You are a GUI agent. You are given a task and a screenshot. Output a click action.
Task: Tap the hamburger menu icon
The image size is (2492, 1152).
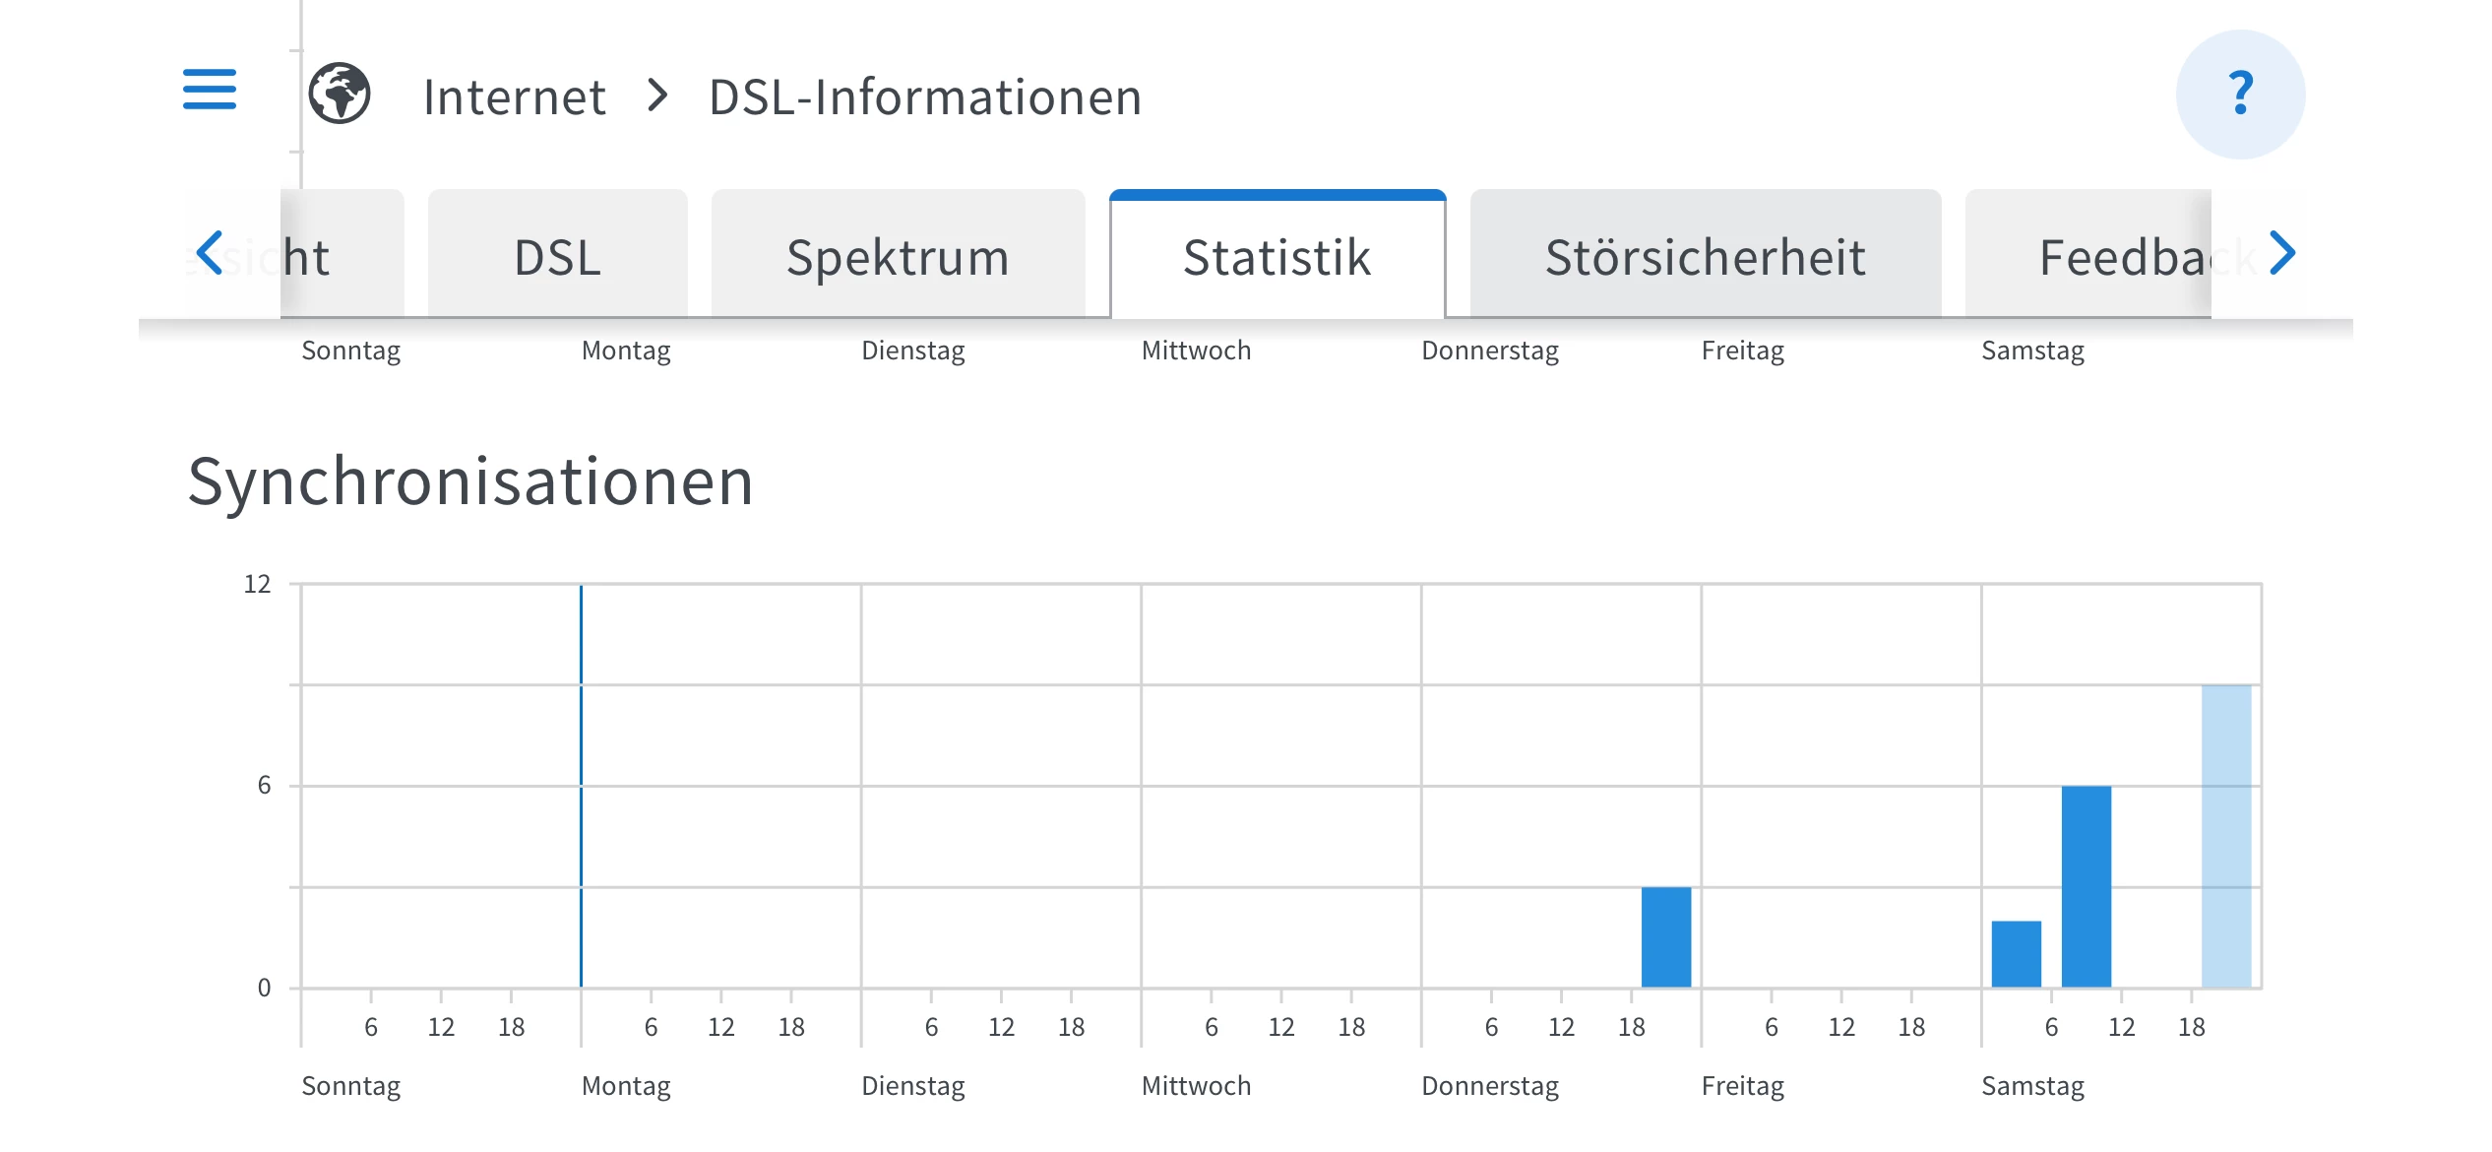[x=210, y=90]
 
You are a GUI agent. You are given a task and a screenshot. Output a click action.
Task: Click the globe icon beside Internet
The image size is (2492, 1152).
[x=340, y=95]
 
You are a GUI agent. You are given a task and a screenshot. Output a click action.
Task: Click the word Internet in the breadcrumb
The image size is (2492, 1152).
[x=514, y=97]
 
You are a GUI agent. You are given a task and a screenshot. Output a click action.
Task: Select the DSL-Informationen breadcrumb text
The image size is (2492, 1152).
[x=925, y=97]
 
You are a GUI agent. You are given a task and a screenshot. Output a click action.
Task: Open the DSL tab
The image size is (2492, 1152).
[x=557, y=257]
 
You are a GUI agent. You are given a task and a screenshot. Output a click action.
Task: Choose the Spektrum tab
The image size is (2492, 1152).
[x=898, y=257]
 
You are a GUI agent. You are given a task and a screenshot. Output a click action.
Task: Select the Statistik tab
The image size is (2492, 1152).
[x=1277, y=257]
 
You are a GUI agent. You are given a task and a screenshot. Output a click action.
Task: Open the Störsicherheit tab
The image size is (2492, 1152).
[x=1705, y=257]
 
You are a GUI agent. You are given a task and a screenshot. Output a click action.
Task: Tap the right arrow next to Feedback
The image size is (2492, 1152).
[x=2282, y=253]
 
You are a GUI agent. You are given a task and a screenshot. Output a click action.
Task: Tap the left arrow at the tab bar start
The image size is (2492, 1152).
[x=210, y=253]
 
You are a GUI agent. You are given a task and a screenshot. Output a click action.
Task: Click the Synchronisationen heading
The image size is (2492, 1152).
[x=470, y=482]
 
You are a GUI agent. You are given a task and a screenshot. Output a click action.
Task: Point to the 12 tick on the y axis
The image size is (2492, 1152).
[x=257, y=584]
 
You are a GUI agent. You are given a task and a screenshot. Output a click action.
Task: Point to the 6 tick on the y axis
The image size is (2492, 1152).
[x=264, y=786]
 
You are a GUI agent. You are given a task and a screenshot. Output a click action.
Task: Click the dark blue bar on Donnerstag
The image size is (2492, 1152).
[x=1665, y=936]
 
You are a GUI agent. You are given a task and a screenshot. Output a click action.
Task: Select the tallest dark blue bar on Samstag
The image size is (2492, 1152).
[x=2086, y=886]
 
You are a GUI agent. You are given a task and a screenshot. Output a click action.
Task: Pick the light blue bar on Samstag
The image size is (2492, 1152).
[x=2225, y=836]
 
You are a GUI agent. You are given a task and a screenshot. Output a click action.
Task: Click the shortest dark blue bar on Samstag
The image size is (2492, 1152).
[x=2016, y=953]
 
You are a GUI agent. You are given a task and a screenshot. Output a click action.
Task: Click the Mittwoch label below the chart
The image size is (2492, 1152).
[x=1196, y=1086]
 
